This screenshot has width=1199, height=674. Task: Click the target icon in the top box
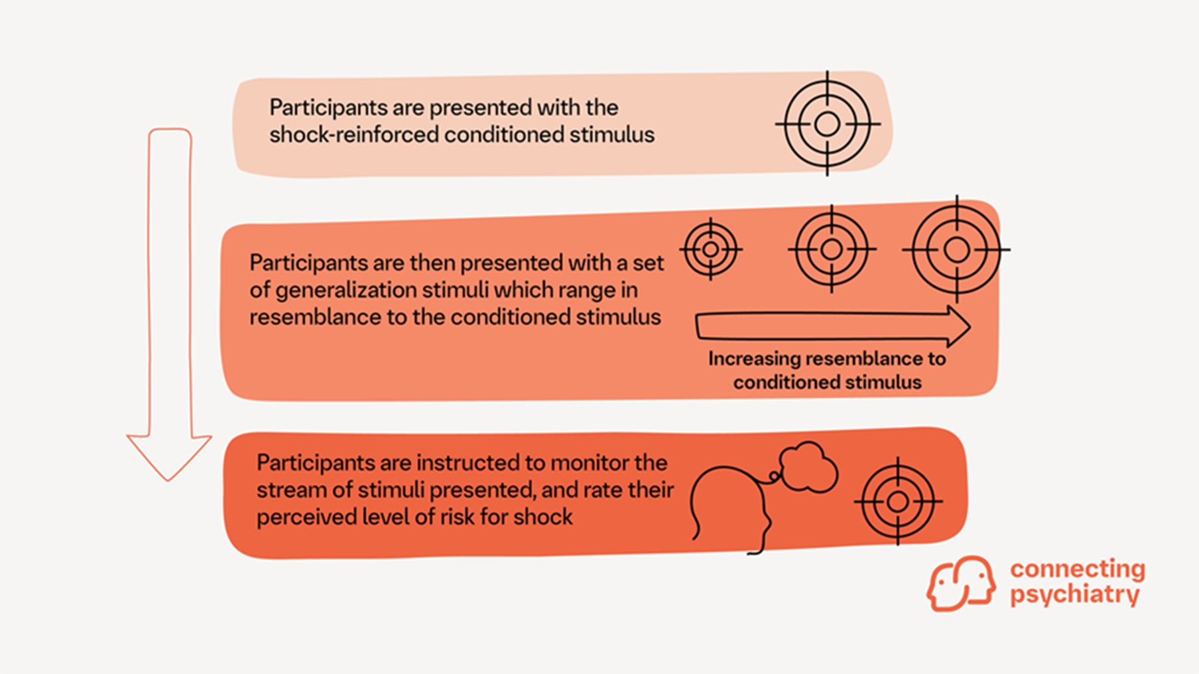tap(827, 124)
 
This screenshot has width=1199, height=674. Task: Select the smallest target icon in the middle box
tap(710, 249)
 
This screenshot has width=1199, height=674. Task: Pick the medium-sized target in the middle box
tap(832, 249)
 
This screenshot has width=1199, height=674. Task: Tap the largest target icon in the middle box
tap(956, 249)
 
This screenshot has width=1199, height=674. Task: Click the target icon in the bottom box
tap(898, 502)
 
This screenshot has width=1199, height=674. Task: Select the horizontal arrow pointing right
tap(832, 326)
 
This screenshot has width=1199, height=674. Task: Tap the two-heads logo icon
tap(961, 584)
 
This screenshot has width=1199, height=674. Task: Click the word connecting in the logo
tap(1077, 569)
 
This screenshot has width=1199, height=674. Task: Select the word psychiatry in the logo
tap(1074, 594)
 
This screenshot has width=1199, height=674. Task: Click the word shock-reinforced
tap(353, 135)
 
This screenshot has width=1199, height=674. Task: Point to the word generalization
tap(346, 290)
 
